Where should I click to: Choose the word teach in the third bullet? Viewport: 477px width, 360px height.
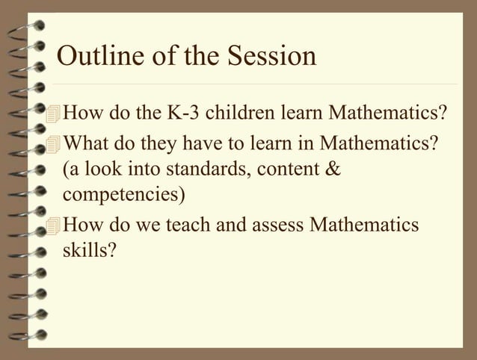point(176,223)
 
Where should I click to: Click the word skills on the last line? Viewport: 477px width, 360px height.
point(87,249)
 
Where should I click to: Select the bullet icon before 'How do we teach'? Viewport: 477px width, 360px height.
point(52,223)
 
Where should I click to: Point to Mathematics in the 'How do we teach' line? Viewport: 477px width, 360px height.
point(364,223)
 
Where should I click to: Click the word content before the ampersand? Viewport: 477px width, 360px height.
point(287,169)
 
